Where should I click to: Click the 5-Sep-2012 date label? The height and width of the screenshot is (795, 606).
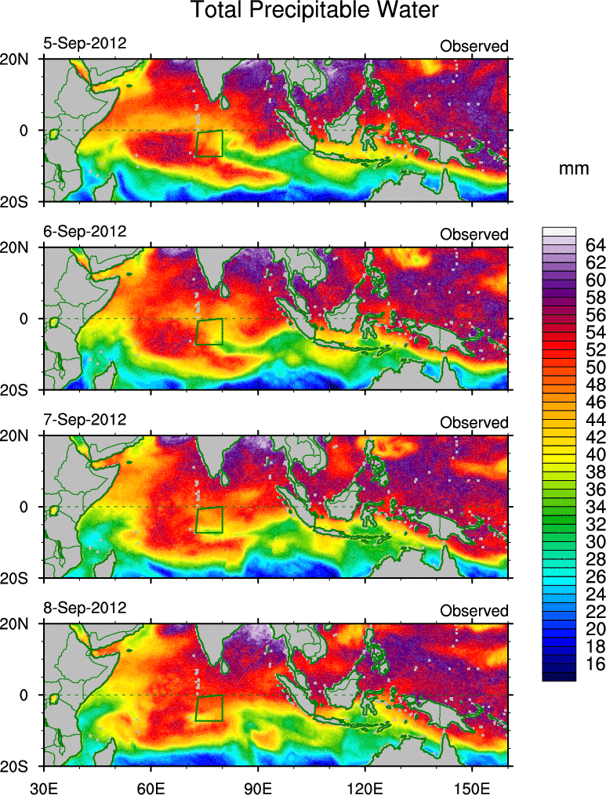(85, 43)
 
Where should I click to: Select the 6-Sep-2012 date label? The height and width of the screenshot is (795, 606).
(85, 231)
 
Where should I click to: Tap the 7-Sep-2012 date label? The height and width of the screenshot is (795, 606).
(85, 419)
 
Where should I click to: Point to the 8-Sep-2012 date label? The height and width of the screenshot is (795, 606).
(85, 607)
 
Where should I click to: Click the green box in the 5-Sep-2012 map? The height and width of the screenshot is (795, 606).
(209, 143)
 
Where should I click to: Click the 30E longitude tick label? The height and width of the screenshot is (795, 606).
(42, 783)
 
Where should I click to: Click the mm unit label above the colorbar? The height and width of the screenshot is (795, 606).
(574, 168)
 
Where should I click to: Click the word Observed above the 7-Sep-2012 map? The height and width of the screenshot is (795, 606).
(474, 422)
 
